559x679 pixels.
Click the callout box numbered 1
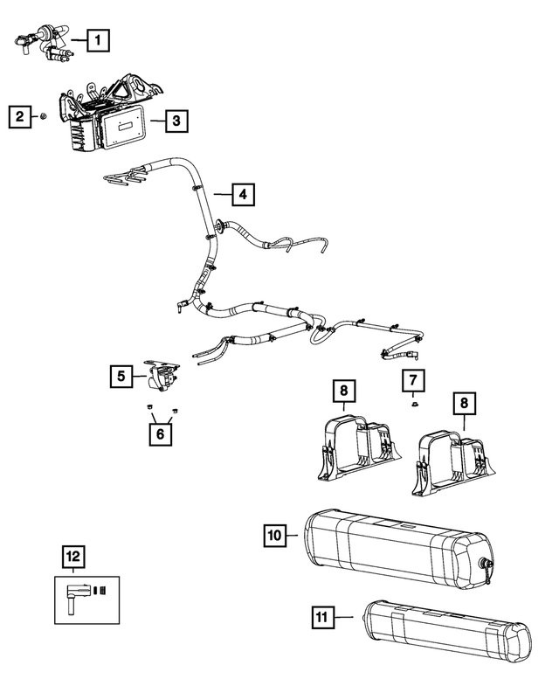[99, 38]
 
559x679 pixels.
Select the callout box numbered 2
[17, 115]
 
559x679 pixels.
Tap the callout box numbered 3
[176, 121]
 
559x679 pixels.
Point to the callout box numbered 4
[244, 194]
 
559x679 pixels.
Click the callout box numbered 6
[159, 433]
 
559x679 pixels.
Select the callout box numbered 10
[274, 533]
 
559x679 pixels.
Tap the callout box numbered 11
[322, 618]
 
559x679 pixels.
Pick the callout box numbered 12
[73, 557]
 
